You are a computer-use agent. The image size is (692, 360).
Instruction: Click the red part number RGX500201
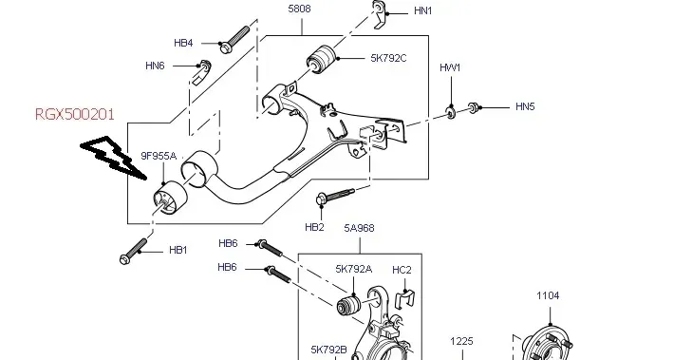(75, 114)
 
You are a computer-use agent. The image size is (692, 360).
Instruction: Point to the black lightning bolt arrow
(113, 158)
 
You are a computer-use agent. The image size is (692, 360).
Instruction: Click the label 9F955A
(159, 156)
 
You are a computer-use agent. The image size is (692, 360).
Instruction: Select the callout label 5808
(299, 9)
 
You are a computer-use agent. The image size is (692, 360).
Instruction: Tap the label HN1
(422, 10)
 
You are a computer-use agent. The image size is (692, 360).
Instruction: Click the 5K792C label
(388, 58)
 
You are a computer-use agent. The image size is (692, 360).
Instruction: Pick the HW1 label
(450, 67)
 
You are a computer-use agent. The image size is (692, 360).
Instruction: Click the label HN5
(525, 106)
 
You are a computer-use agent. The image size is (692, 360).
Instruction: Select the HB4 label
(183, 43)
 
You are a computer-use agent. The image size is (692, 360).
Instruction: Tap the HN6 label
(155, 66)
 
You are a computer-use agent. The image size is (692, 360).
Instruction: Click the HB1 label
(178, 250)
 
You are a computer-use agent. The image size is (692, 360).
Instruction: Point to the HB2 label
(314, 227)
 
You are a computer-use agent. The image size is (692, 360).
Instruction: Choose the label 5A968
(359, 228)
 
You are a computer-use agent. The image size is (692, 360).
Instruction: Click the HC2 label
(402, 270)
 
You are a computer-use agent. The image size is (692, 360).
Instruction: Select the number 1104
(548, 295)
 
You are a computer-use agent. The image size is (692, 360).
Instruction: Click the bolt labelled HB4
(235, 39)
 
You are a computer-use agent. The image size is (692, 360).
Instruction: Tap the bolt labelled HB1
(133, 252)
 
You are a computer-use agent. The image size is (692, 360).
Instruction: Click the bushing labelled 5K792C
(322, 60)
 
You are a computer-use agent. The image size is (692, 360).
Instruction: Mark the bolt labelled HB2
(335, 196)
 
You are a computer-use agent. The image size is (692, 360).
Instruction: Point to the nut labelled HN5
(473, 107)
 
